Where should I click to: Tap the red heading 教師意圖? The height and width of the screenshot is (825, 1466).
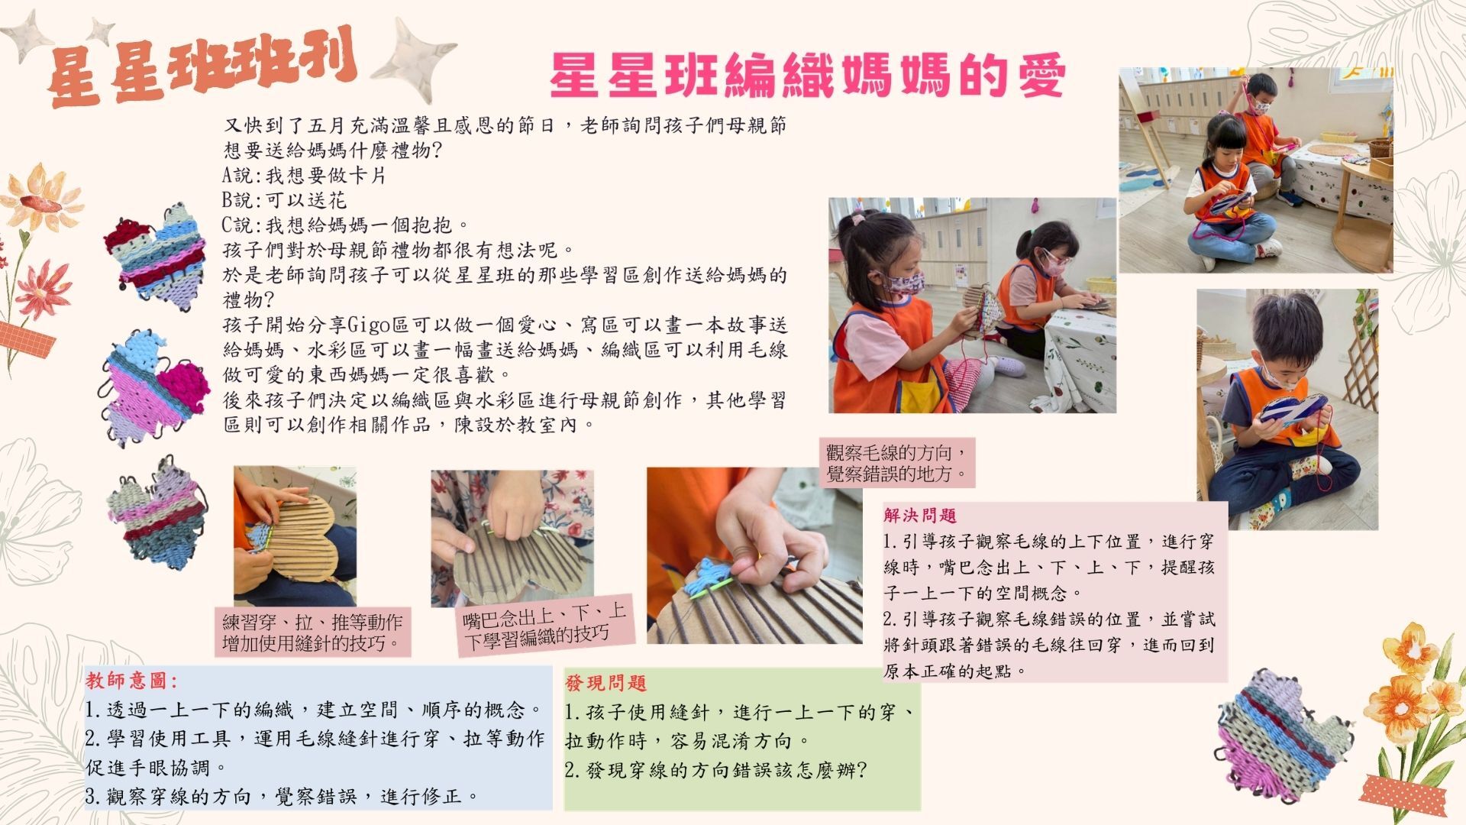pos(131,681)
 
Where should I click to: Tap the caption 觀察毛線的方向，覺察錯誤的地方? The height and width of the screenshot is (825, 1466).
pos(896,463)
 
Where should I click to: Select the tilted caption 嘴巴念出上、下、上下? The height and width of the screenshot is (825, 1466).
pos(546,626)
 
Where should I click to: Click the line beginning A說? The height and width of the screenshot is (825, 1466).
pos(304,176)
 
